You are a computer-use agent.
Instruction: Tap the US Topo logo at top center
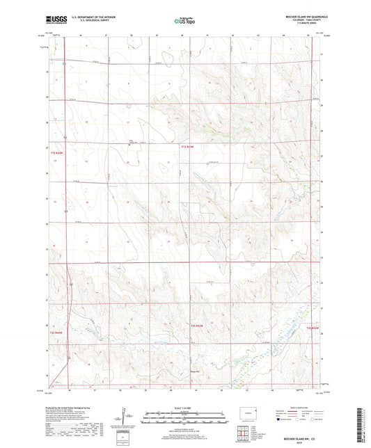pos(182,21)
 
